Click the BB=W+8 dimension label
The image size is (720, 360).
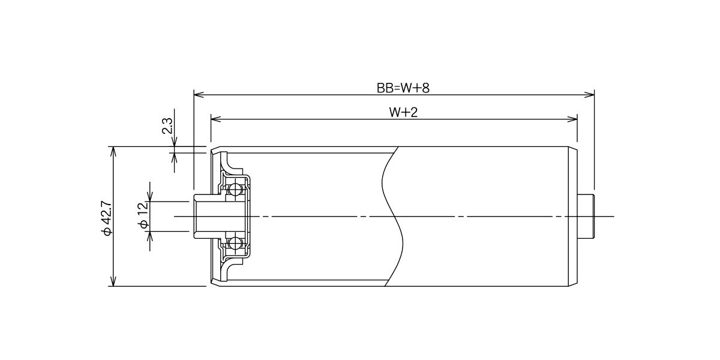[403, 88]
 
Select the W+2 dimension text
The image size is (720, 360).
[403, 112]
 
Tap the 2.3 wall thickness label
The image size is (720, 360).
[167, 125]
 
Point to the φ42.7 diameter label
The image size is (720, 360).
[106, 218]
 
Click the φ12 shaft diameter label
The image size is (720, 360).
[143, 215]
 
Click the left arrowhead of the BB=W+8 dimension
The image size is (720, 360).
[199, 95]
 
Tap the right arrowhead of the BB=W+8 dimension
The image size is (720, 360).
[589, 95]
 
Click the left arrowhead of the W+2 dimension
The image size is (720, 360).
[217, 119]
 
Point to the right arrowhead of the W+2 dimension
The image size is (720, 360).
[572, 119]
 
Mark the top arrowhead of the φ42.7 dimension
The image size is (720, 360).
[113, 152]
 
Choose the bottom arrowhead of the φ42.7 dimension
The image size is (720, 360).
[113, 281]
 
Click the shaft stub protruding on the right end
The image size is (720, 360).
[586, 217]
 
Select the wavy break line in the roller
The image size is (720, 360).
[393, 217]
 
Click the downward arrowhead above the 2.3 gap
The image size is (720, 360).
[174, 142]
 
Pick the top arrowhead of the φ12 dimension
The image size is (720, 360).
[150, 196]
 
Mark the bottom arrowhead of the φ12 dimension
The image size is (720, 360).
[150, 236]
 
